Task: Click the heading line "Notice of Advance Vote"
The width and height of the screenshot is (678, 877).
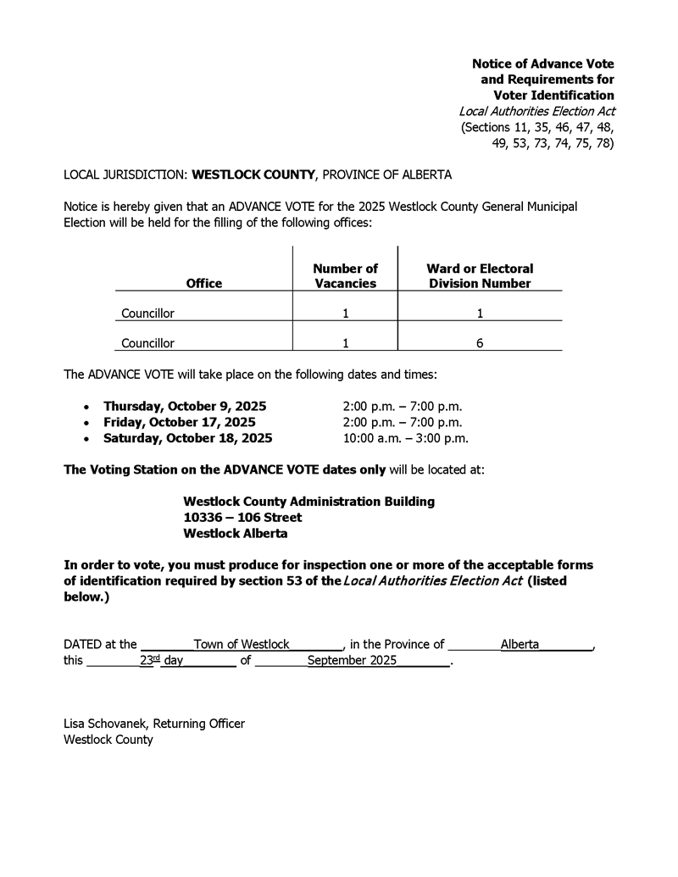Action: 542,64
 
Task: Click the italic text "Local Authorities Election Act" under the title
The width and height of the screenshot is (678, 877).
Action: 536,111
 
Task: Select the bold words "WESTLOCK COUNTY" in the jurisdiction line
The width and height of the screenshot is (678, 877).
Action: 253,175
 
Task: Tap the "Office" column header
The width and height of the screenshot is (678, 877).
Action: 203,283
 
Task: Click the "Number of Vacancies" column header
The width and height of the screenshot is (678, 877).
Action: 345,276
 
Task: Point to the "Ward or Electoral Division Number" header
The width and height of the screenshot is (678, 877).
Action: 480,276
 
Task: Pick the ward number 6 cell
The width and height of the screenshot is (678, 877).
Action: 480,343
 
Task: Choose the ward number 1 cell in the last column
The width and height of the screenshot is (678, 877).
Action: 480,314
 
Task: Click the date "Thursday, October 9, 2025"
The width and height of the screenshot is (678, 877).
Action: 185,406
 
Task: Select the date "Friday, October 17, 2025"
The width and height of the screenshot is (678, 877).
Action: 180,422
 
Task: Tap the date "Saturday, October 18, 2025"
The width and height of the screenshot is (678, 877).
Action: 187,438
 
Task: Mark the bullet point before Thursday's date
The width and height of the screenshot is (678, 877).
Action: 86,407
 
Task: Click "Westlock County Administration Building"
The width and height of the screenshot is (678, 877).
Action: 308,502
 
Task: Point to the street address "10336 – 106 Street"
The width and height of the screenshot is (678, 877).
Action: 242,518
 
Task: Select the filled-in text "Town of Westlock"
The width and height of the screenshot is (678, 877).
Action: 242,644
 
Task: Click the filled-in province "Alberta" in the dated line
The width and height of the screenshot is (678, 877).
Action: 520,644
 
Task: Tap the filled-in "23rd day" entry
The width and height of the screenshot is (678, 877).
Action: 161,660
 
